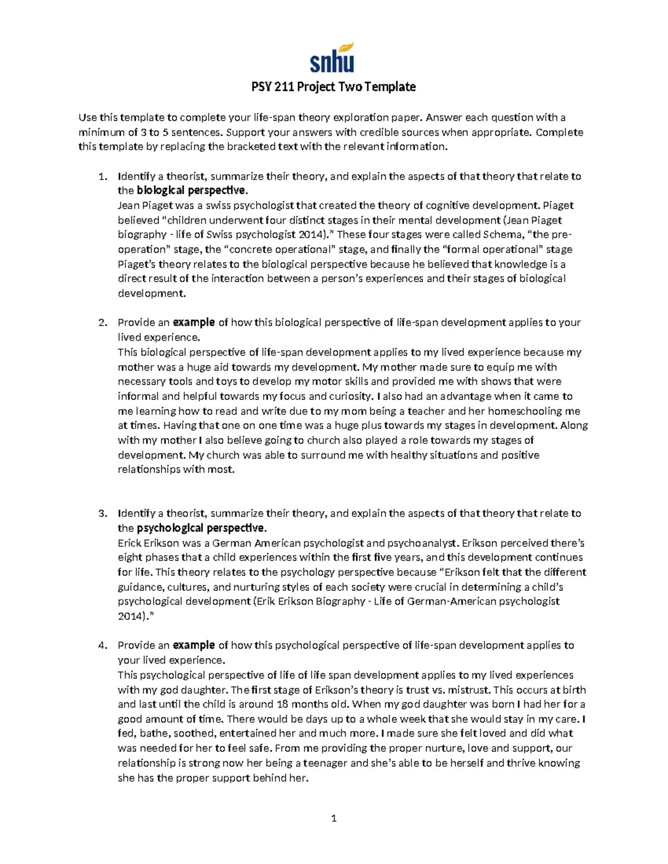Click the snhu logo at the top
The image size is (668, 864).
click(x=332, y=58)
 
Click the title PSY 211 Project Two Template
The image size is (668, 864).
click(x=332, y=87)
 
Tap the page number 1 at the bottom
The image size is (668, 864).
click(x=334, y=818)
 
